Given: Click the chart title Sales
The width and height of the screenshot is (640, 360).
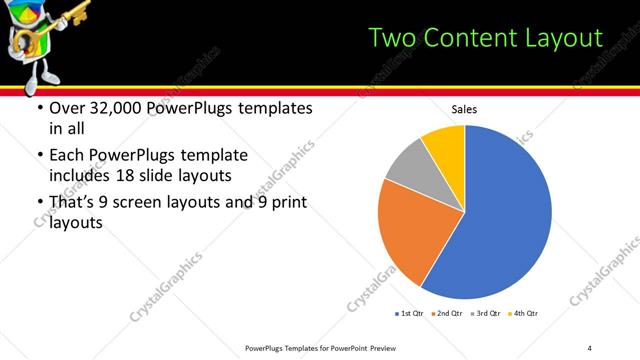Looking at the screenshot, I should (464, 109).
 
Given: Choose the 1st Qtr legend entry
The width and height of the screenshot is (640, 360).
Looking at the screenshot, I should (410, 314).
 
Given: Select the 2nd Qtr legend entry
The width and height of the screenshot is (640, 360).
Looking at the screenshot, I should (448, 314).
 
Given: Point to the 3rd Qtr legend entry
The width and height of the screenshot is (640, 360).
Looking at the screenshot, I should (486, 314).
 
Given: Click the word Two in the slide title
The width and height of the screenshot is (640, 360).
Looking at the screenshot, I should (392, 38).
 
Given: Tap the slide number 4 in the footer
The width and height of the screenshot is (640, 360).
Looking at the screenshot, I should (590, 347).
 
